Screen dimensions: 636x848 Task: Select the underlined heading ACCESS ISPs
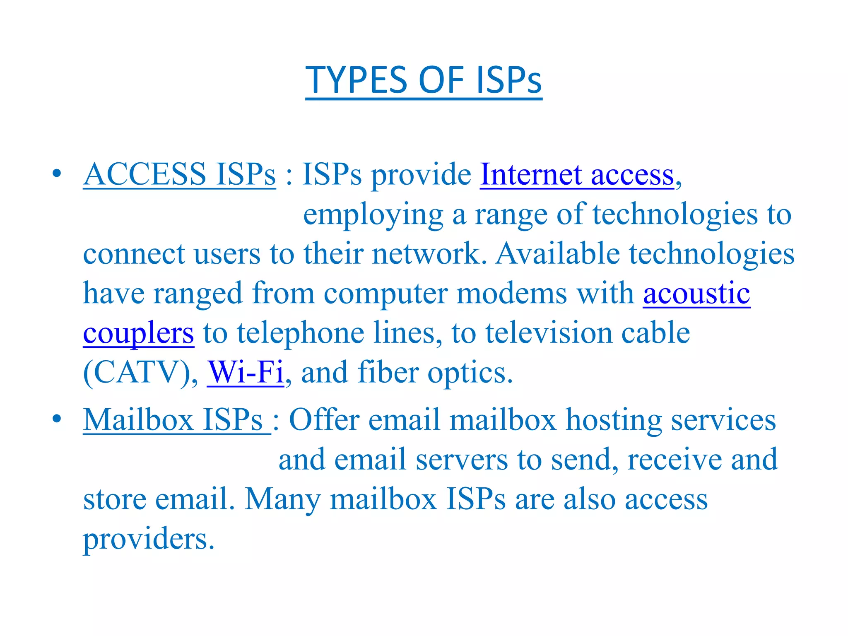[179, 174]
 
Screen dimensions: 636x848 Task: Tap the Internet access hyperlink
[577, 174]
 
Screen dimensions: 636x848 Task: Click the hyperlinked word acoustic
[696, 293]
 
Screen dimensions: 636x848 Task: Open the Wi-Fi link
[246, 372]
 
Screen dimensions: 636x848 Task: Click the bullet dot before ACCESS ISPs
[57, 173]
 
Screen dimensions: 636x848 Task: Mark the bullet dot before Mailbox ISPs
[57, 419]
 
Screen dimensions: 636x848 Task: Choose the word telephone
[300, 333]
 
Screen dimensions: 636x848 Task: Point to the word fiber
[388, 372]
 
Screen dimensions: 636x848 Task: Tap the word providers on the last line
[149, 539]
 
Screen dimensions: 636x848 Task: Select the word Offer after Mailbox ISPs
[324, 419]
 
